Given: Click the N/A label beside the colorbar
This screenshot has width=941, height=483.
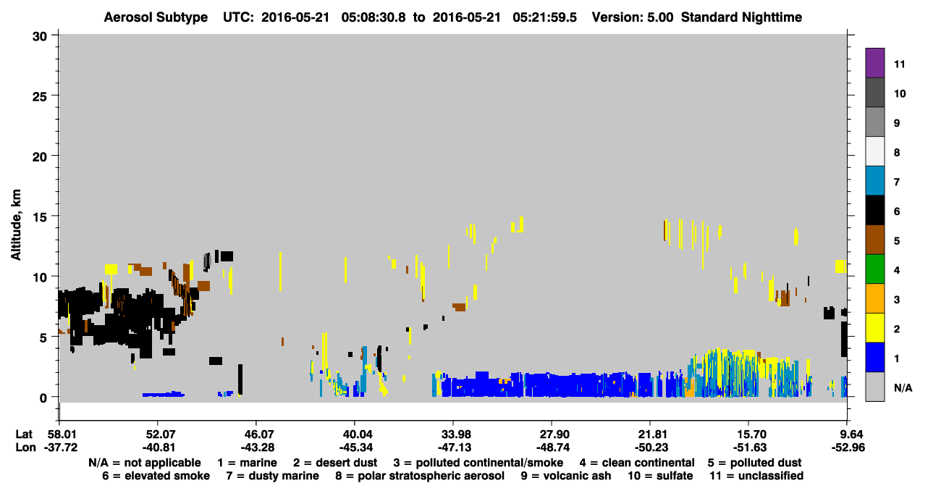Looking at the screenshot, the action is pyautogui.click(x=903, y=387).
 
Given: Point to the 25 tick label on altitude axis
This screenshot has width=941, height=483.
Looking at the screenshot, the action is pyautogui.click(x=40, y=97).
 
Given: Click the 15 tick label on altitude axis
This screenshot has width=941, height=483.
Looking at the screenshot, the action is pyautogui.click(x=40, y=217).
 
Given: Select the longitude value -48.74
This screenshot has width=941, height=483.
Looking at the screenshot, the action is pyautogui.click(x=553, y=448).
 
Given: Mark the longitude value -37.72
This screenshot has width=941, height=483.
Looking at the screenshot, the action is pyautogui.click(x=61, y=448).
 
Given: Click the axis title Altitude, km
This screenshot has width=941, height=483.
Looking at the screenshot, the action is pyautogui.click(x=16, y=225).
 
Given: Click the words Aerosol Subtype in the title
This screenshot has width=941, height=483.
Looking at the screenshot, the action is pyautogui.click(x=156, y=17).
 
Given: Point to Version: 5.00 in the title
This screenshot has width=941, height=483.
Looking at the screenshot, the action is pyautogui.click(x=633, y=17).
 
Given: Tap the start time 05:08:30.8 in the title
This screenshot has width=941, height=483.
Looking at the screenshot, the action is pyautogui.click(x=374, y=17).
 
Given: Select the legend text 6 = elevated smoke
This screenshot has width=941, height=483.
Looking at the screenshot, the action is pyautogui.click(x=156, y=476).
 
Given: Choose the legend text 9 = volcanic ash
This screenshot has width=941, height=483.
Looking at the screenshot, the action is pyautogui.click(x=566, y=476).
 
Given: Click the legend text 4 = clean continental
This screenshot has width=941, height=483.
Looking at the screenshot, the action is pyautogui.click(x=637, y=463).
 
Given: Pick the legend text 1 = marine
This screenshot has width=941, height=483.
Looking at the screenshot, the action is pyautogui.click(x=247, y=463).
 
